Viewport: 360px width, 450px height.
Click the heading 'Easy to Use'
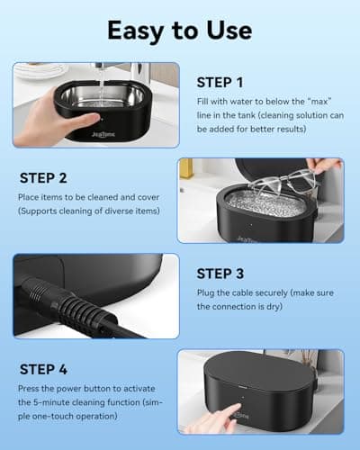(180, 29)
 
